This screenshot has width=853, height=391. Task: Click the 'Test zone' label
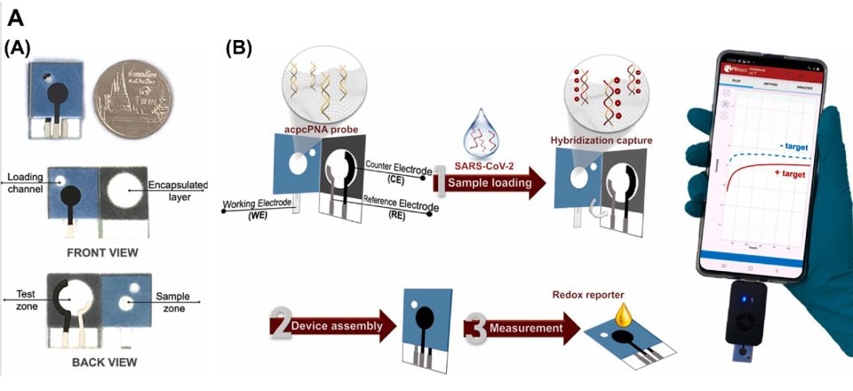point(19,298)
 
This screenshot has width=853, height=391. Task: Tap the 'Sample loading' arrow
point(487,183)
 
